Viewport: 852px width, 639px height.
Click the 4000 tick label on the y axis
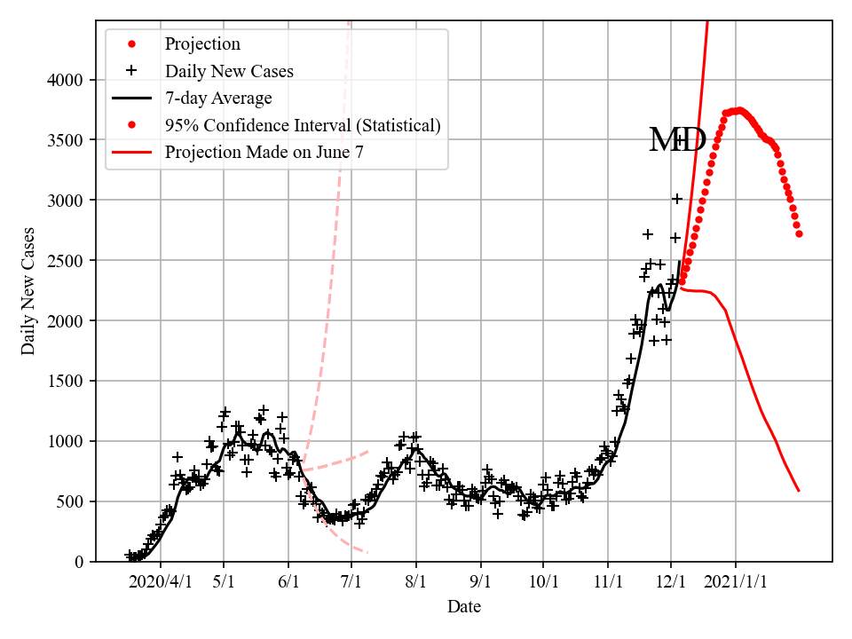[x=67, y=80]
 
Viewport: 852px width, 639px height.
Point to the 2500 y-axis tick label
[x=67, y=261]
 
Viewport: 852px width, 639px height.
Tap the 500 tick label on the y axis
[x=71, y=501]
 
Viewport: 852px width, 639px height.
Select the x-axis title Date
[x=464, y=607]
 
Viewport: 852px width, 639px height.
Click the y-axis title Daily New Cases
[x=28, y=291]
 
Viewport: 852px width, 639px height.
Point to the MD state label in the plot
[x=677, y=140]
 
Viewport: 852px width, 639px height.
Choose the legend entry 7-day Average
[x=218, y=98]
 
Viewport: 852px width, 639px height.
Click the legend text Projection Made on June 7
[x=264, y=153]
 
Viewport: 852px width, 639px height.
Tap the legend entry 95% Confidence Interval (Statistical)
[x=303, y=125]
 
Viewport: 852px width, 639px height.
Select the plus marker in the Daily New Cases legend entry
[x=132, y=70]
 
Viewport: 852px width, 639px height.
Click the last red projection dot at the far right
[x=799, y=233]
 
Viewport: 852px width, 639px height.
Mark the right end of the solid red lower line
[x=799, y=491]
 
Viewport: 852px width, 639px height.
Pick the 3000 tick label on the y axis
[x=67, y=201]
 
